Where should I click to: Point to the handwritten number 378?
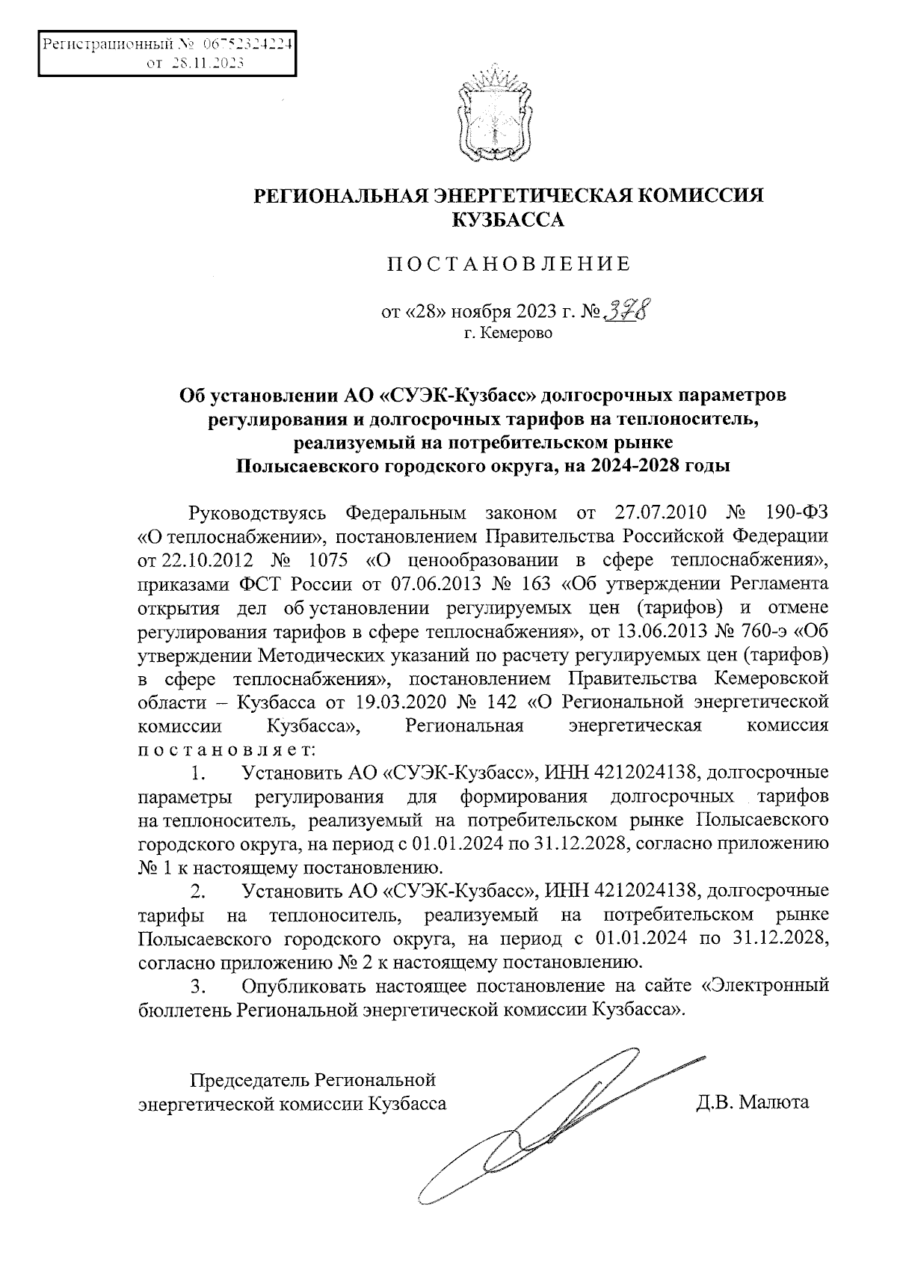tap(626, 308)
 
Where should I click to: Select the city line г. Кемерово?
tap(508, 334)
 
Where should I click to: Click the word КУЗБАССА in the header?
tap(508, 220)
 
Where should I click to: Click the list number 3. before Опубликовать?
tap(198, 986)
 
